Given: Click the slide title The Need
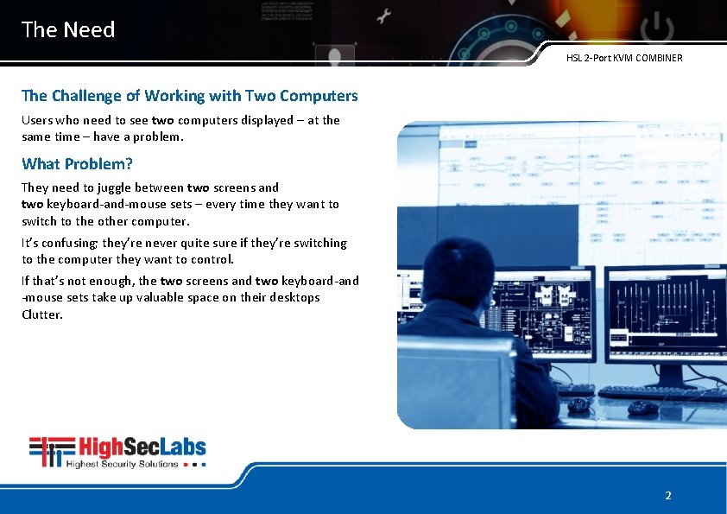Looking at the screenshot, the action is tap(68, 30).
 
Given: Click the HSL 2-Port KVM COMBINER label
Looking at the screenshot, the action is tap(624, 59).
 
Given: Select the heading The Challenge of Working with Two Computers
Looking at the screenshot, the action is tap(189, 96).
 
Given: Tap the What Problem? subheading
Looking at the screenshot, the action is tap(77, 164).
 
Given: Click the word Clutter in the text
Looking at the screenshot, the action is tap(42, 314).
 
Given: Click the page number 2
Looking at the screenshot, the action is tap(667, 496).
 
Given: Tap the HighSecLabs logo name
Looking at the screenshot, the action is tap(142, 447).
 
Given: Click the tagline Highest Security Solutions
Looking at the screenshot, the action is tap(122, 464).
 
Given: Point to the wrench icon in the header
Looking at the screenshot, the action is tap(384, 15).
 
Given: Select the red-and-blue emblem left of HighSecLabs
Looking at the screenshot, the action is tap(51, 452).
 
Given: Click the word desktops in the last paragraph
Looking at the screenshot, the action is tap(294, 297).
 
